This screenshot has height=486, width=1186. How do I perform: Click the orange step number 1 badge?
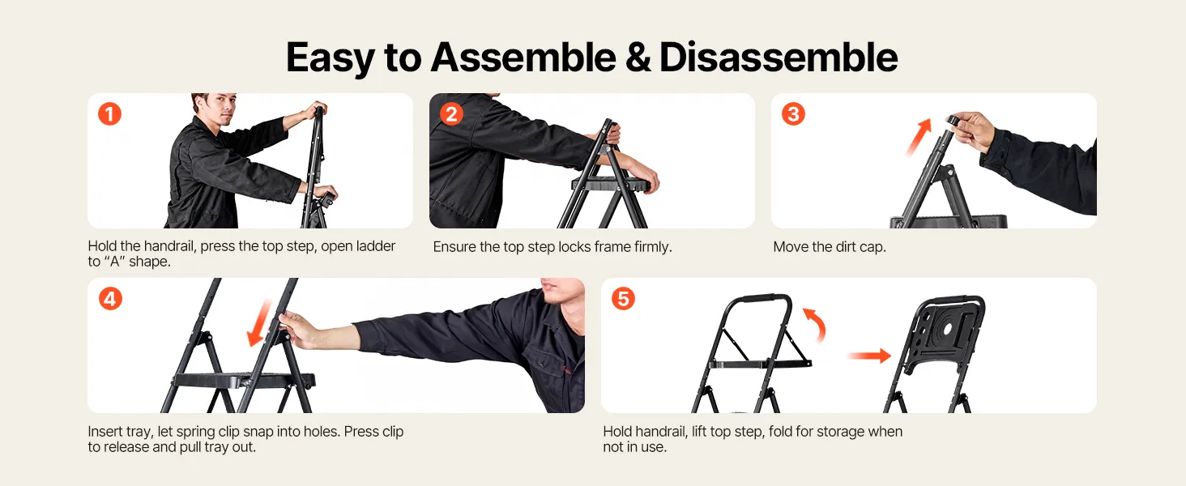click(109, 114)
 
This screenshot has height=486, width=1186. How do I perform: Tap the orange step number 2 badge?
click(451, 114)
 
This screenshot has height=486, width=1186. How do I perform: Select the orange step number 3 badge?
click(793, 114)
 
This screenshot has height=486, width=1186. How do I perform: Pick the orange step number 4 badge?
click(110, 299)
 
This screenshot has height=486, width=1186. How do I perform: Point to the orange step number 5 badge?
click(623, 299)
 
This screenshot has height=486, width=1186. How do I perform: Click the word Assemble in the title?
click(523, 58)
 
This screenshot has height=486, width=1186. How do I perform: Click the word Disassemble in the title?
click(779, 58)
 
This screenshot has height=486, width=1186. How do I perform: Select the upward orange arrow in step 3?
click(918, 137)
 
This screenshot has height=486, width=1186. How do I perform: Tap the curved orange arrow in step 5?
click(816, 324)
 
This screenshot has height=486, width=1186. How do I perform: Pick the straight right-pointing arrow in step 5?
click(869, 356)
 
